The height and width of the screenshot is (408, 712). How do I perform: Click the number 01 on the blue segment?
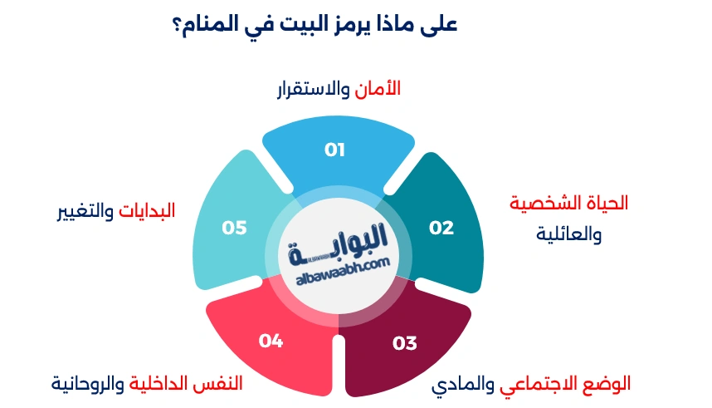(334, 150)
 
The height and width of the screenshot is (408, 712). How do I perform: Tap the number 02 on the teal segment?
(441, 228)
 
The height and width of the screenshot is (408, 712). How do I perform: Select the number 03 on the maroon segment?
(404, 342)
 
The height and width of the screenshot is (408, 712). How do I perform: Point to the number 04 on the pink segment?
(271, 340)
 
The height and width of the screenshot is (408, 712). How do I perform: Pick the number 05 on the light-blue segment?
(235, 228)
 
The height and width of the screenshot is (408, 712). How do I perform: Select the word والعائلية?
(569, 234)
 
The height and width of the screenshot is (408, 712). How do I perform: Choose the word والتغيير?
(85, 210)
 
